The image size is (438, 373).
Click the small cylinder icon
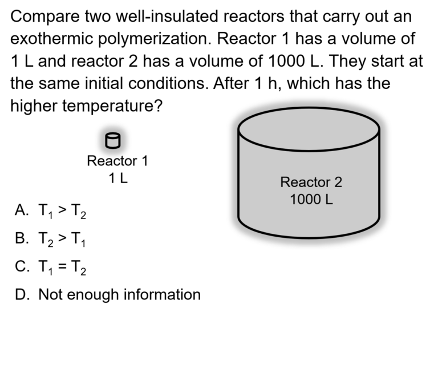(113, 140)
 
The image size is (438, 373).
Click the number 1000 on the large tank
(305, 200)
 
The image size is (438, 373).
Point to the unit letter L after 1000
(330, 200)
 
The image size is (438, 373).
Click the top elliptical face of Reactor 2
(309, 130)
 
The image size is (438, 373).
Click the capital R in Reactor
(285, 183)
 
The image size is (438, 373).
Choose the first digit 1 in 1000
(293, 200)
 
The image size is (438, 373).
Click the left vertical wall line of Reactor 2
(239, 177)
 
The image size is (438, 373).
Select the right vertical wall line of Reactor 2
(378, 177)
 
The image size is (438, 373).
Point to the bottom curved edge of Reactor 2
(309, 237)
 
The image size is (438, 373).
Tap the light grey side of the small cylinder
(113, 143)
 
